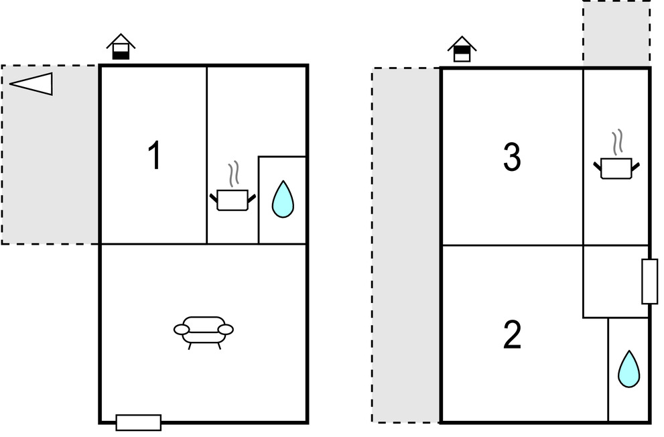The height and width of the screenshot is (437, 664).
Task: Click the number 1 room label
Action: [155, 155]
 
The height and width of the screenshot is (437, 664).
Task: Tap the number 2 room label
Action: [512, 334]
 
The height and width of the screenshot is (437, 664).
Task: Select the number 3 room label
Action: [512, 157]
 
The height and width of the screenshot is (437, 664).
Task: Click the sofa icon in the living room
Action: [204, 332]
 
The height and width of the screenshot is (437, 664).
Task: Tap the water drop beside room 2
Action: [629, 369]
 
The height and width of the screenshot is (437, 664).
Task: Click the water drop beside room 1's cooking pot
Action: [283, 199]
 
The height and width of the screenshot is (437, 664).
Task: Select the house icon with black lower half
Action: [121, 46]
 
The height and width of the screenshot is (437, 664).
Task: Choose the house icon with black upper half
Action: [462, 49]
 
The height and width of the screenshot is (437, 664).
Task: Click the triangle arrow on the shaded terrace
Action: [31, 83]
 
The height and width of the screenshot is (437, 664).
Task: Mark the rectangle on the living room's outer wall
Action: [139, 423]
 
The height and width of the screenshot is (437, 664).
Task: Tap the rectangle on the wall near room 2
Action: [650, 282]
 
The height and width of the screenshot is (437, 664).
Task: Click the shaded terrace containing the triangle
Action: [50, 155]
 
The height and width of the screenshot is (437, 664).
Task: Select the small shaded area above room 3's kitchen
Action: [616, 33]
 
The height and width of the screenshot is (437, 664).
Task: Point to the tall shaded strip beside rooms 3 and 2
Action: [406, 245]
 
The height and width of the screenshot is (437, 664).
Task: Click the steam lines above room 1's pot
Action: [233, 174]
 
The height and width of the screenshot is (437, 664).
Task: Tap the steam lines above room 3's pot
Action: [617, 142]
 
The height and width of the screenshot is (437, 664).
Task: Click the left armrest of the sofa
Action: [182, 330]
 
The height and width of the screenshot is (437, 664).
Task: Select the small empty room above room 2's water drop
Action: [616, 282]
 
